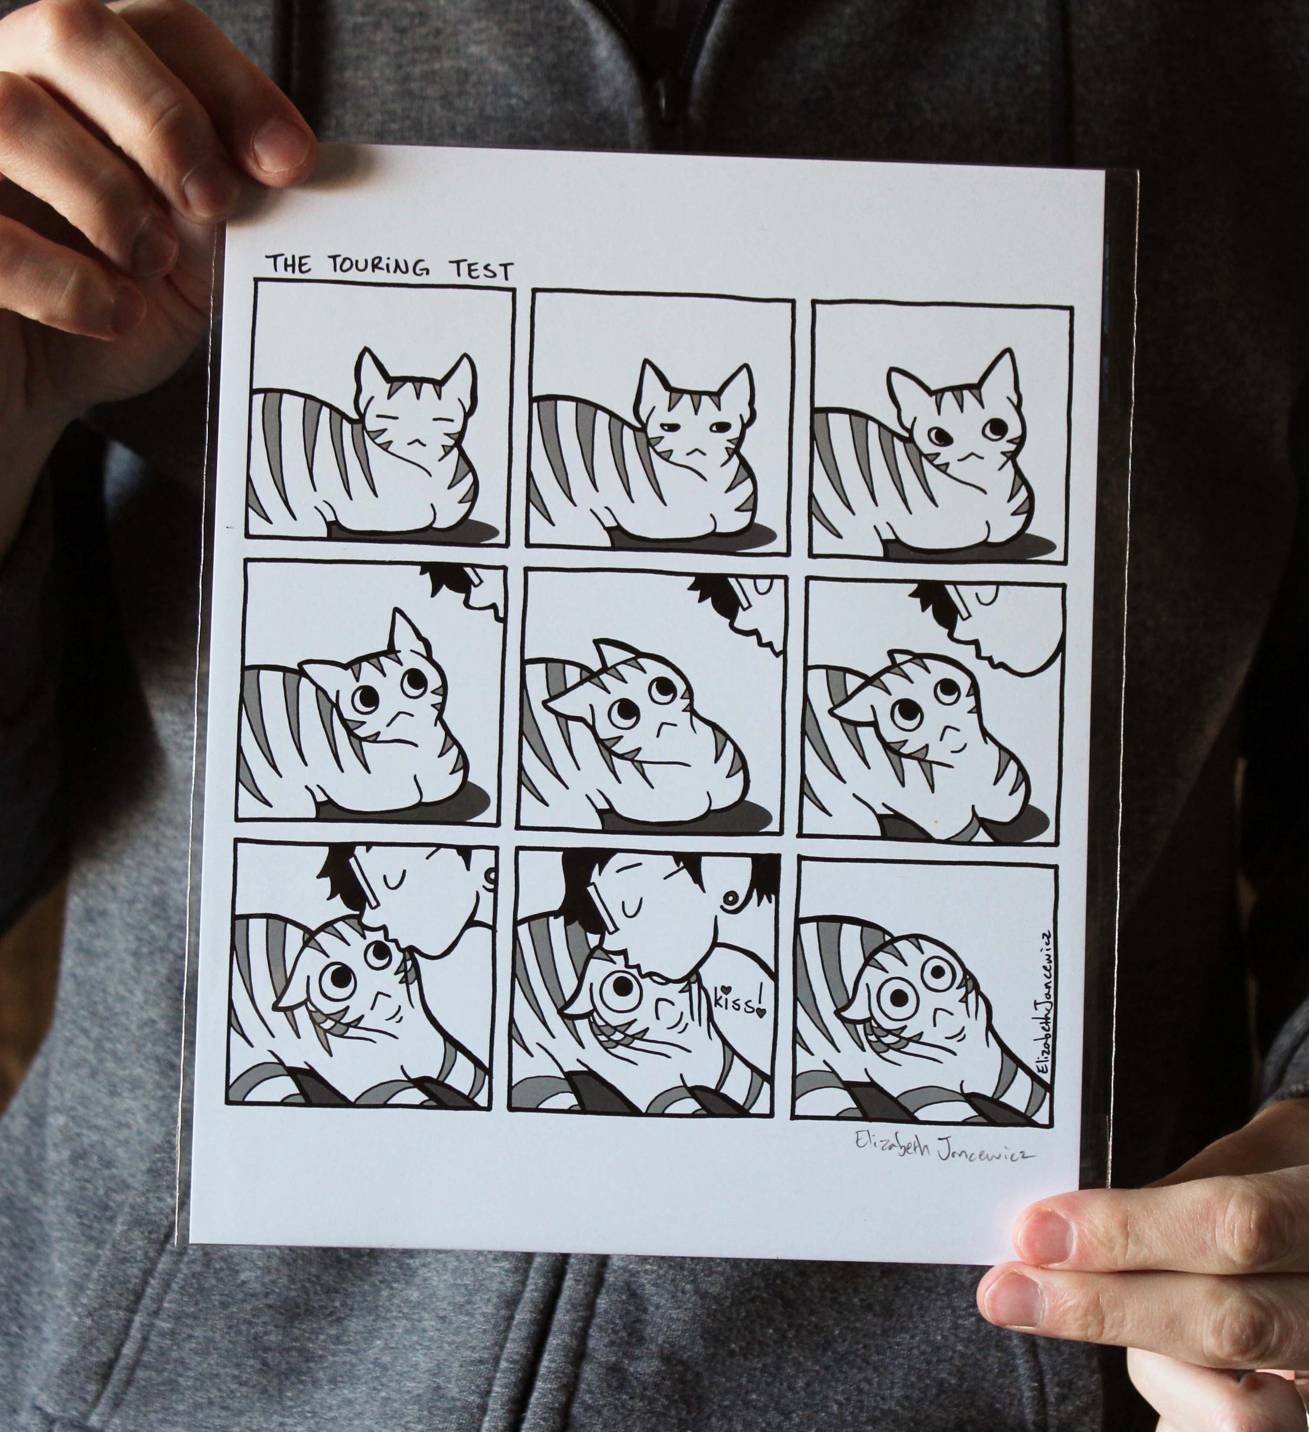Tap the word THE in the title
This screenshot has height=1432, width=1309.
coord(288,264)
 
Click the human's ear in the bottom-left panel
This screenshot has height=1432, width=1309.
coord(489,879)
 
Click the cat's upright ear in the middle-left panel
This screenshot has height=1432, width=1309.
coord(407,641)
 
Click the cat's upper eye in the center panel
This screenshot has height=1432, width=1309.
coord(660,687)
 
